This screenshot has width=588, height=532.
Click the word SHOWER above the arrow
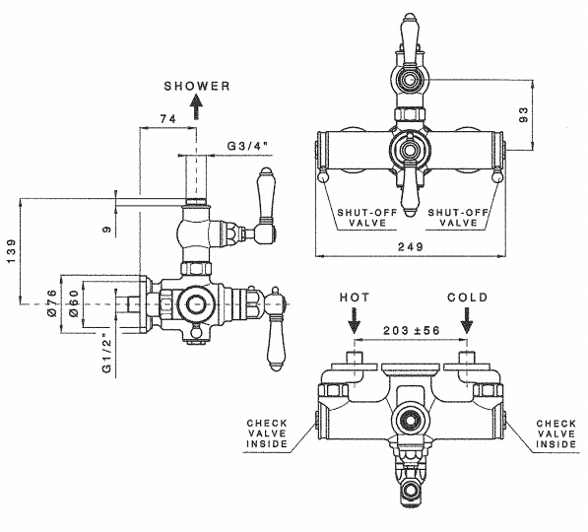[x=197, y=86]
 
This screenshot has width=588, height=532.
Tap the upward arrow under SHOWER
[x=196, y=107]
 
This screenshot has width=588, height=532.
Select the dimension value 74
[x=168, y=119]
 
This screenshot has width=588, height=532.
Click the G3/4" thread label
[x=249, y=146]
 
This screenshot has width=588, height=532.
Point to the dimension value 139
[x=12, y=250]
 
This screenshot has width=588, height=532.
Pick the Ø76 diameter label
[x=52, y=302]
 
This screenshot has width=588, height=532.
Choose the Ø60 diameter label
[x=74, y=303]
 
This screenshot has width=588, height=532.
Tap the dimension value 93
[x=524, y=114]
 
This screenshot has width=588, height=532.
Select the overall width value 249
[x=411, y=246]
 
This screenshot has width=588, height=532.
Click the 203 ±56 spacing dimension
[x=412, y=330]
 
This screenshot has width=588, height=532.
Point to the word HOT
[x=355, y=298]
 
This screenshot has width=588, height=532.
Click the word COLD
[x=467, y=298]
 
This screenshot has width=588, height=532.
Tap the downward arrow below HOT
[x=354, y=320]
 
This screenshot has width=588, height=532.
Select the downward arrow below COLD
[x=467, y=320]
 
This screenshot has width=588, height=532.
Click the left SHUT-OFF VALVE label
[x=367, y=218]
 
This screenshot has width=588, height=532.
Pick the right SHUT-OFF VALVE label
[x=458, y=218]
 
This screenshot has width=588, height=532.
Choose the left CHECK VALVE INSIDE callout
[x=267, y=433]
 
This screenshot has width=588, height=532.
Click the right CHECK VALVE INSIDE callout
[x=556, y=433]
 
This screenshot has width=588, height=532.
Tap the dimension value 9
[x=107, y=229]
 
